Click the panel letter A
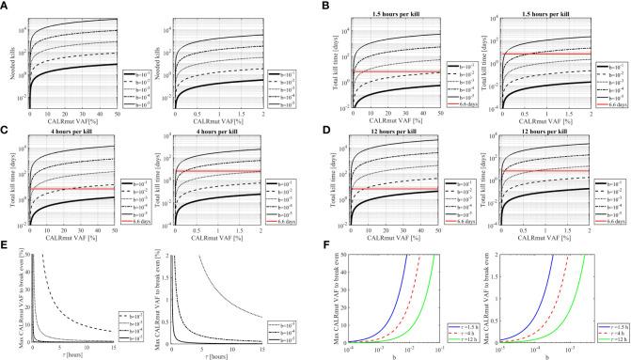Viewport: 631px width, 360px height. point(5,5)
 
